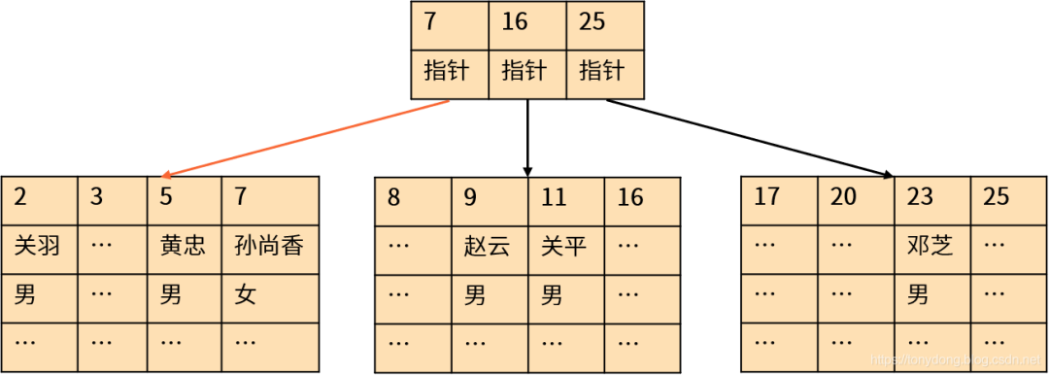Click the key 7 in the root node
[430, 22]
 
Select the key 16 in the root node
[515, 22]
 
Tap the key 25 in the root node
[592, 22]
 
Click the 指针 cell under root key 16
[524, 71]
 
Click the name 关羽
[38, 246]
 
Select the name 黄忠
[183, 246]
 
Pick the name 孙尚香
[269, 246]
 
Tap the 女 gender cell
[246, 294]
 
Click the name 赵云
[488, 246]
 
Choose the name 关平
[564, 246]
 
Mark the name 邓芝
[930, 246]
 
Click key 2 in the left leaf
[20, 197]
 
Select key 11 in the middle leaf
[554, 197]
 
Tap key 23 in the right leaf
[920, 197]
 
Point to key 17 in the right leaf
[766, 197]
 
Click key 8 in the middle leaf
[393, 197]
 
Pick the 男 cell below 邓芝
[918, 294]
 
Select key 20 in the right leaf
[843, 197]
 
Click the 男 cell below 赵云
[475, 294]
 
